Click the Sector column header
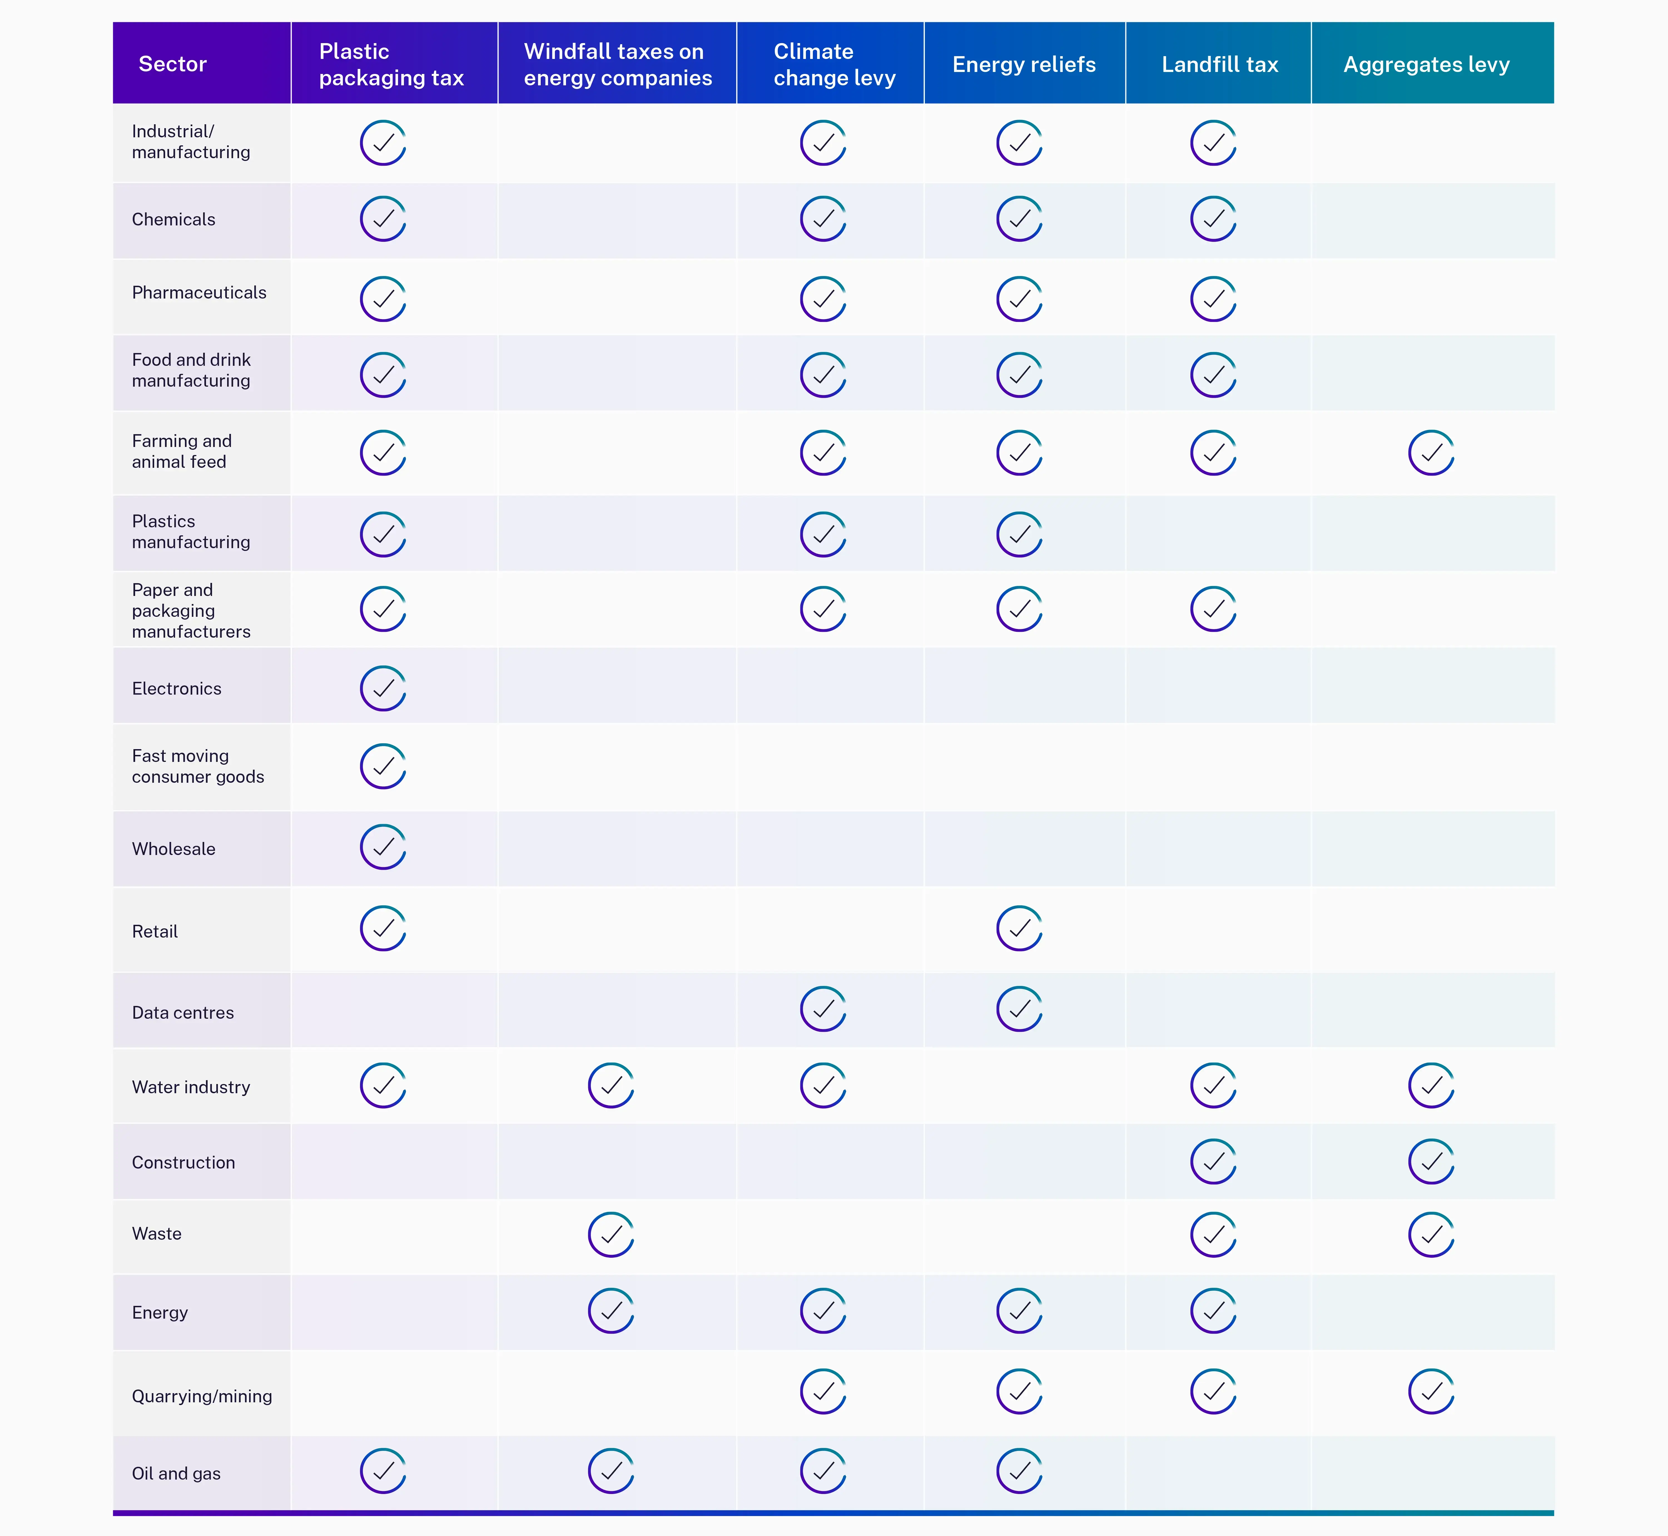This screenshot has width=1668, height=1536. click(x=173, y=64)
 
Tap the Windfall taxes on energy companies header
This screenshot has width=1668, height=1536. click(x=617, y=64)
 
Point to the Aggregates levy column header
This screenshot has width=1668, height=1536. click(x=1426, y=64)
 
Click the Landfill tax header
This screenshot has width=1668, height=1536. click(x=1219, y=64)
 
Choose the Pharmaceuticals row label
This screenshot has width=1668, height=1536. click(x=198, y=293)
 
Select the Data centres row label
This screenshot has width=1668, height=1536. click(x=183, y=1012)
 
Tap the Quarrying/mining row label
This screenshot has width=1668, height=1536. click(x=202, y=1396)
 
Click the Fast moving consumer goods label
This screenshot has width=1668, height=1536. click(x=198, y=766)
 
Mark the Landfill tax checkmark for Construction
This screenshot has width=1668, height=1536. click(x=1213, y=1161)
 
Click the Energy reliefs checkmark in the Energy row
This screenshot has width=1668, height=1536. click(x=1019, y=1311)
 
